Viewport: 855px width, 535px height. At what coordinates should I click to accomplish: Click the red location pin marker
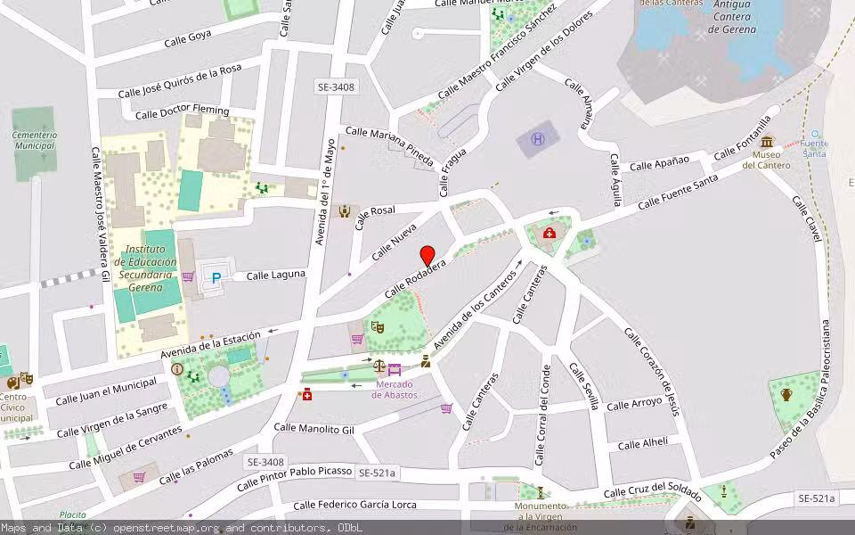point(427,255)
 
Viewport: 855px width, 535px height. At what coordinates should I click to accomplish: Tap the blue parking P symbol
point(216,278)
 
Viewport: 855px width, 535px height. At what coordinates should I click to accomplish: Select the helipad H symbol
point(538,139)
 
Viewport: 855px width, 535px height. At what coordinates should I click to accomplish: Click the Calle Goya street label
point(188,39)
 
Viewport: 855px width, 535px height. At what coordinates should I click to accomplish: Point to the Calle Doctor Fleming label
point(182,113)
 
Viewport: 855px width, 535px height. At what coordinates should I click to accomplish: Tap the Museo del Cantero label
point(766,159)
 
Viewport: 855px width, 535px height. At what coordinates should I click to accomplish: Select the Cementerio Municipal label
point(35,141)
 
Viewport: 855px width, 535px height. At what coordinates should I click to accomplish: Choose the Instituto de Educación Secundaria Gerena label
point(151,268)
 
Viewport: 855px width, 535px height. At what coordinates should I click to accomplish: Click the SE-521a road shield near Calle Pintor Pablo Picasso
point(377,472)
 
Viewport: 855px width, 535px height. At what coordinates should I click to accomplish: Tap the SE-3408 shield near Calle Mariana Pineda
point(336,87)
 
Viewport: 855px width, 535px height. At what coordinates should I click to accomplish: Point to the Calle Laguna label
point(276,275)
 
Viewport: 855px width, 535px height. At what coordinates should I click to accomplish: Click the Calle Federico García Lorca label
point(354,505)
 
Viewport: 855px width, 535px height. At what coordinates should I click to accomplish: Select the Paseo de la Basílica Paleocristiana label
point(805,390)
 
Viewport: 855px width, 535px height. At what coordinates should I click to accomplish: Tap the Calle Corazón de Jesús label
point(651,371)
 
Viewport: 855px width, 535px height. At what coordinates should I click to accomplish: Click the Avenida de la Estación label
point(210,347)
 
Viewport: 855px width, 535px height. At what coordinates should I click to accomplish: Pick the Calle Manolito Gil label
point(313,429)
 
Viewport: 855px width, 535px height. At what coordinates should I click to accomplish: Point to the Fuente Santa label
point(813,148)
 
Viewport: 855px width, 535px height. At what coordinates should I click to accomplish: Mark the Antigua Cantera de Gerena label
point(733,17)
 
